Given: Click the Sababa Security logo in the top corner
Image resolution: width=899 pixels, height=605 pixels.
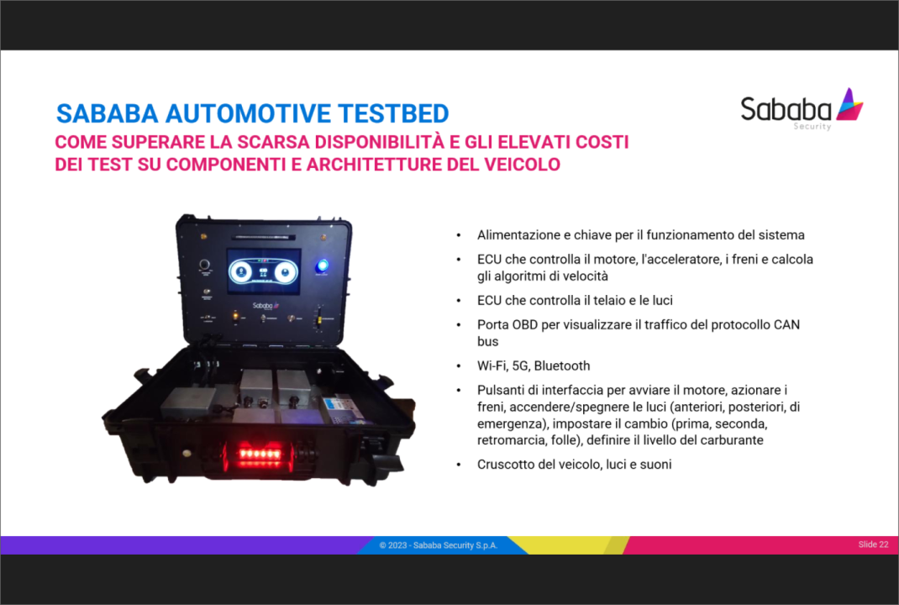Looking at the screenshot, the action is click(x=802, y=109).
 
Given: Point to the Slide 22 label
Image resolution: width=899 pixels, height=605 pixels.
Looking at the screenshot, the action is click(x=873, y=544).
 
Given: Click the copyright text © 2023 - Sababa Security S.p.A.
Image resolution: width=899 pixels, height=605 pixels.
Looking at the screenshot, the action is click(x=439, y=545).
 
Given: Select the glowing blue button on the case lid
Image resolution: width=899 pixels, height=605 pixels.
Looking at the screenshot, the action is click(x=323, y=266).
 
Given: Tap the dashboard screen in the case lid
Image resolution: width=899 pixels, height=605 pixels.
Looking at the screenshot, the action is click(x=263, y=271).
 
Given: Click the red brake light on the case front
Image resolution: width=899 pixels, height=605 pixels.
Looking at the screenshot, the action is click(x=260, y=455).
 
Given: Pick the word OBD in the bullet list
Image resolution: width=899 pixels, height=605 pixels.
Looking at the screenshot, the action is click(x=524, y=324).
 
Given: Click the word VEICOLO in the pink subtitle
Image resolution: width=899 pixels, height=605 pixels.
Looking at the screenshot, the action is click(x=522, y=165).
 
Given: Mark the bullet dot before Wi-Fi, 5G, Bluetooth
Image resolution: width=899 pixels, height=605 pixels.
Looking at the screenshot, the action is click(x=459, y=366).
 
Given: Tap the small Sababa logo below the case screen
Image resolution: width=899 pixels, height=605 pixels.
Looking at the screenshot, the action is click(x=265, y=306).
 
